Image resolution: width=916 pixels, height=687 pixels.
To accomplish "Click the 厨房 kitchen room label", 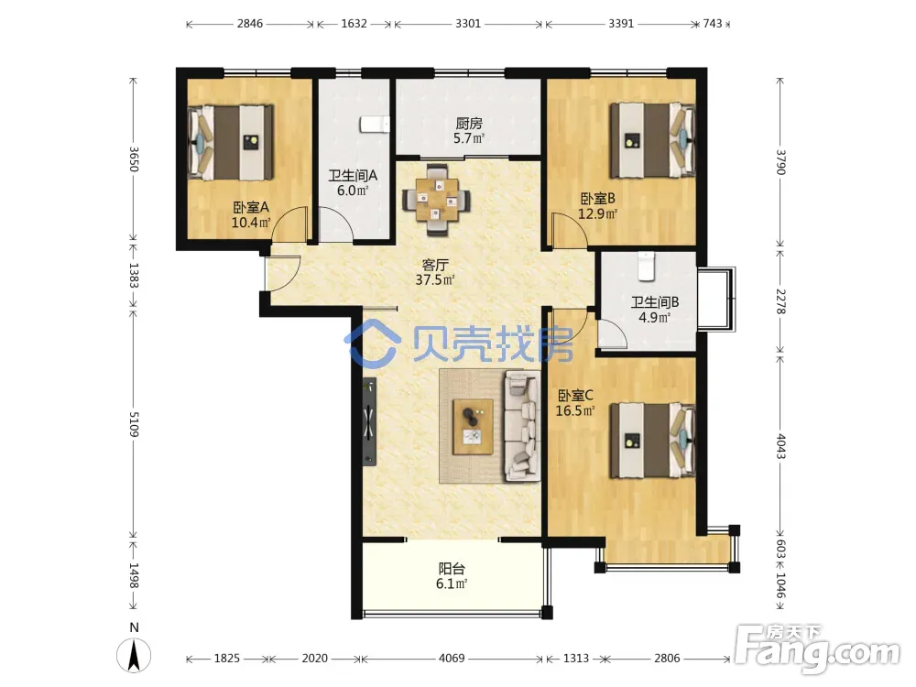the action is [469, 124].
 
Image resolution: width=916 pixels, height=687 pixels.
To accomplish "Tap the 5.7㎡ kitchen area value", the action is [469, 138].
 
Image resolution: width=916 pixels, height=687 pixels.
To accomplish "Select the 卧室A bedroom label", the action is [251, 207].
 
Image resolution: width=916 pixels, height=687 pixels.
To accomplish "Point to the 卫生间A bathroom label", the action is [353, 175].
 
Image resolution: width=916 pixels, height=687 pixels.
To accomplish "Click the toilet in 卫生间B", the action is [646, 266].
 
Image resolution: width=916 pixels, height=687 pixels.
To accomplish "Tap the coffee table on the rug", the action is [473, 427].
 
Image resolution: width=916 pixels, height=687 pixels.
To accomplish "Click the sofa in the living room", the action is [522, 426].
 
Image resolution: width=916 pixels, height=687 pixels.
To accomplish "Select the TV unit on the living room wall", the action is [368, 421].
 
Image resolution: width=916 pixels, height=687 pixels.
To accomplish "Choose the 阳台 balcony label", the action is [452, 569].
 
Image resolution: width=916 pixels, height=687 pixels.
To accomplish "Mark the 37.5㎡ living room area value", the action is [434, 279].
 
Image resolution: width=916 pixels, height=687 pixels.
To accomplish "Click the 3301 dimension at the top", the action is [468, 24].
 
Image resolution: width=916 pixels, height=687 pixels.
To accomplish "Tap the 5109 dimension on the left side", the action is [134, 424].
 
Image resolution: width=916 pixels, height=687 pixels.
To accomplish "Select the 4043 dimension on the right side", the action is [781, 446].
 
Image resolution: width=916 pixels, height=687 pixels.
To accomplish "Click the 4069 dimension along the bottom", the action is [452, 659].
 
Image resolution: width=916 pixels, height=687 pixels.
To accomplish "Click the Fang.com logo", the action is [817, 649].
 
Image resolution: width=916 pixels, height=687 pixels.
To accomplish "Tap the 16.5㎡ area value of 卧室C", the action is [575, 410].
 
